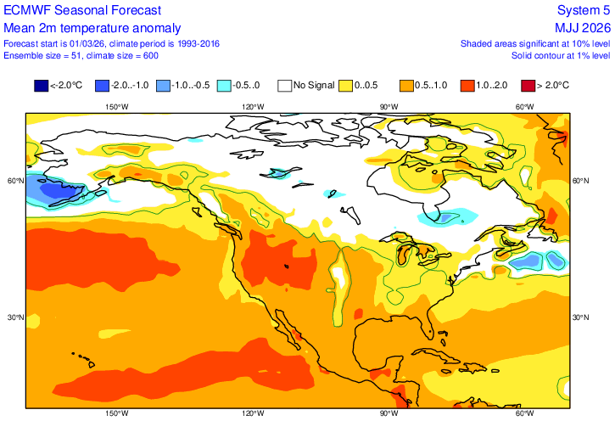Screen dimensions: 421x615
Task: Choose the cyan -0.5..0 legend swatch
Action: coord(224,85)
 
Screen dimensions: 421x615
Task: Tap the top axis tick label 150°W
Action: coord(116,107)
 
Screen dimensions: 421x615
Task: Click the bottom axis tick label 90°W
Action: coord(389,413)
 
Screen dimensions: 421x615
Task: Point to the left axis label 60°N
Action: coord(14,181)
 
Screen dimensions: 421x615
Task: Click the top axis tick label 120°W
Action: coord(253,107)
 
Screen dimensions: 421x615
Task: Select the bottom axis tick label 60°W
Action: coord(525,413)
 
